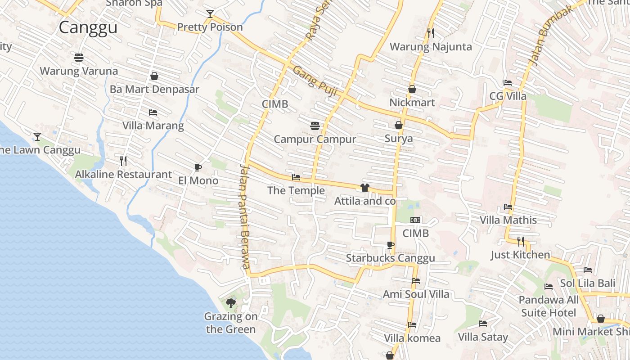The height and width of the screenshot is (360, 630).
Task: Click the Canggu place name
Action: point(88,27)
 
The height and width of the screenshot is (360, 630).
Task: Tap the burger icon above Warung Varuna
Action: point(79,58)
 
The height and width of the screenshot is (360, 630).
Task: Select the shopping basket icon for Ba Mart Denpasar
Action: point(154,76)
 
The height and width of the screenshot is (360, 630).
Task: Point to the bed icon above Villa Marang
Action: point(153,112)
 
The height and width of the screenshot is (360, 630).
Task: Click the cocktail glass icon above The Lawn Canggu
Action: point(37,136)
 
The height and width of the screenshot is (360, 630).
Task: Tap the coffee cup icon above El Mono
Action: point(198,168)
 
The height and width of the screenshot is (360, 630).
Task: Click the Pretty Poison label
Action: point(210,27)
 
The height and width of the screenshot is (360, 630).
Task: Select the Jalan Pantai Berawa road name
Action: point(245,216)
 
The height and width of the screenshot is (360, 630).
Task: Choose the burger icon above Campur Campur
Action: point(315,126)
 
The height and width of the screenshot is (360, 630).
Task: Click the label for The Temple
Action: point(296,190)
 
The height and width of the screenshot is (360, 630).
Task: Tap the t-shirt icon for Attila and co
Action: point(364,188)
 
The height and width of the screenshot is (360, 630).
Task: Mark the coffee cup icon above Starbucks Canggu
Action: point(390,245)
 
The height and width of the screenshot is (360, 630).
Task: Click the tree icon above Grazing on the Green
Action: point(231,303)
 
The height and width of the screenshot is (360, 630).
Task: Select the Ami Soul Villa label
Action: point(416,294)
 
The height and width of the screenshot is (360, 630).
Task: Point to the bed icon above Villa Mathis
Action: point(508,207)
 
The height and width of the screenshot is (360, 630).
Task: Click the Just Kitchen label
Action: point(520,255)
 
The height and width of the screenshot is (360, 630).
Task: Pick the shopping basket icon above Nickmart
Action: point(412,90)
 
